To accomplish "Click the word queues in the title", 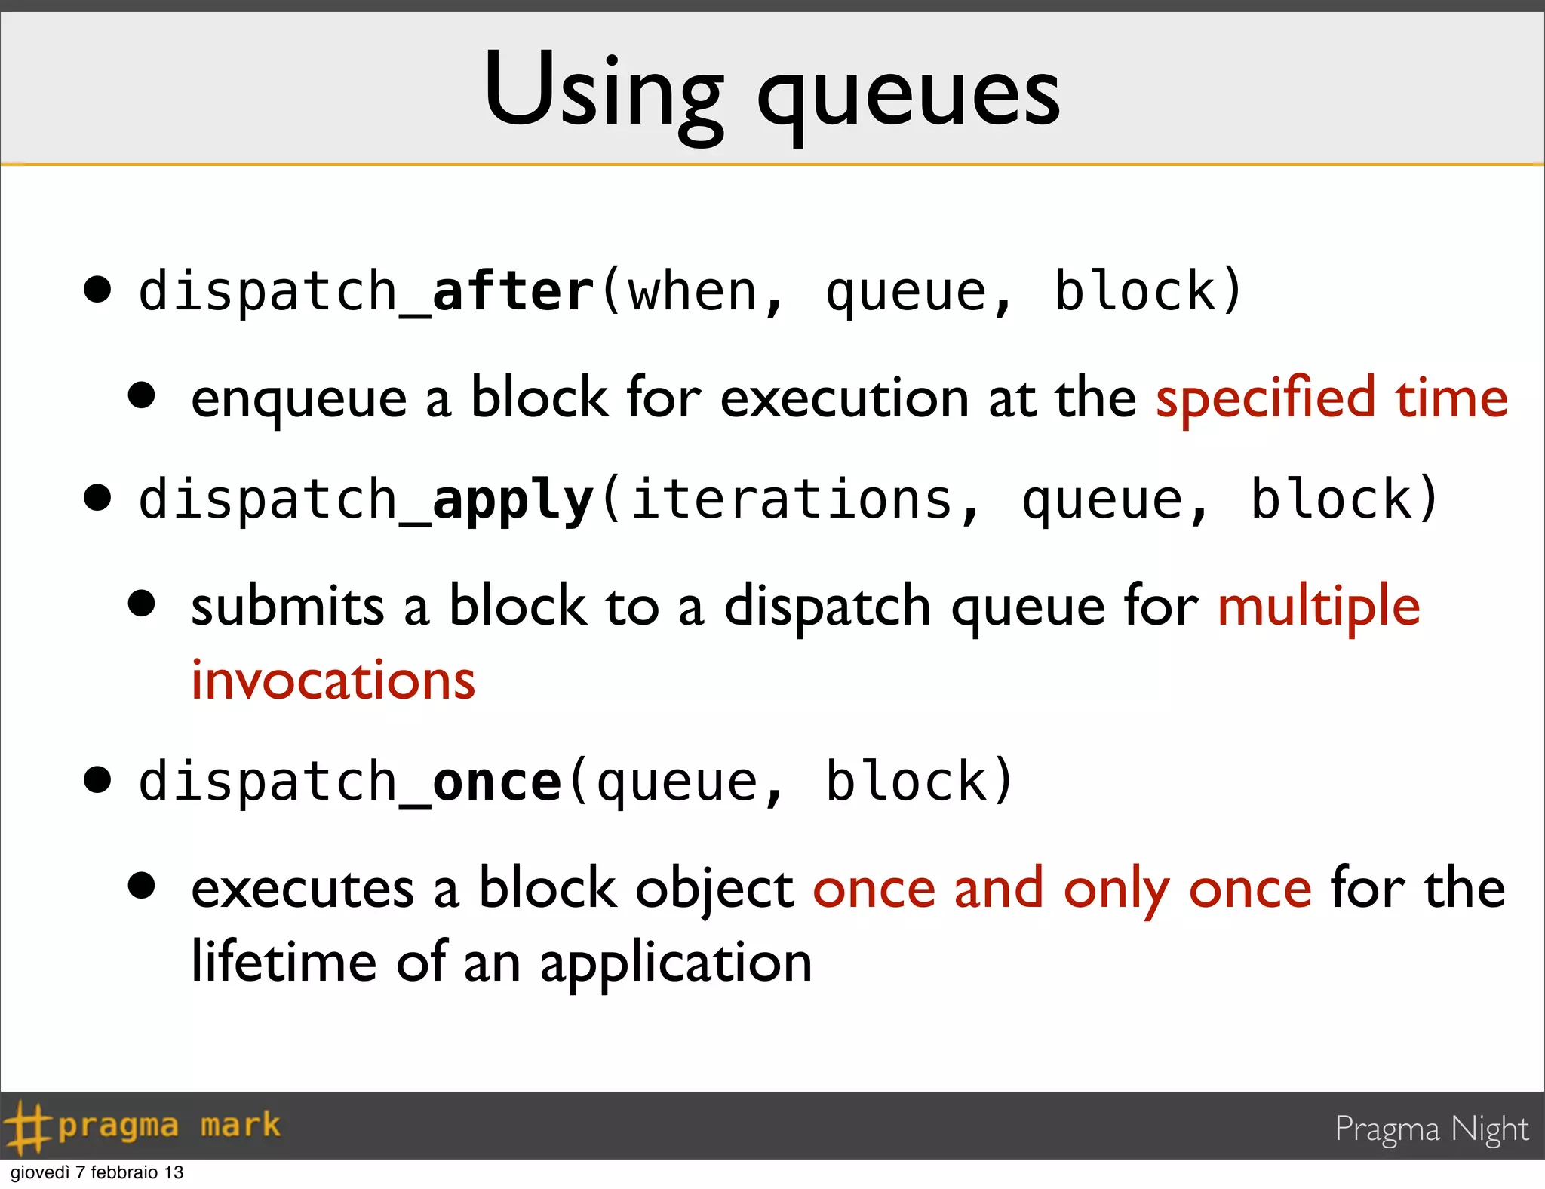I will (909, 98).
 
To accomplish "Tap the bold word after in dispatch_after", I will (513, 291).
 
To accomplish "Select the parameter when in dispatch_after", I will (693, 293).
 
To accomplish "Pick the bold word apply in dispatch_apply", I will (513, 501).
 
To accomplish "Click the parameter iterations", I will (792, 499).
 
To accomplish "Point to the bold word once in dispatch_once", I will (497, 782).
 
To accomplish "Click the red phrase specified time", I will (1332, 398).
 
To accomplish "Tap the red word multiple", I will (1319, 607).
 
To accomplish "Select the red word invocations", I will (333, 681).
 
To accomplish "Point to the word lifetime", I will (284, 963).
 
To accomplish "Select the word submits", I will (287, 607).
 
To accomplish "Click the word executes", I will (303, 889).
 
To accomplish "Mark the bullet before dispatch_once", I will (98, 780).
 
